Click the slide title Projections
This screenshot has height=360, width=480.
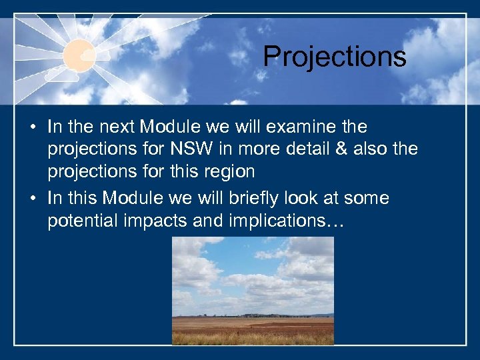pos(334,57)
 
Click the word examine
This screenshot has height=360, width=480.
pos(292,126)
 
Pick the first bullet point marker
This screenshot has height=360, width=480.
pos(33,127)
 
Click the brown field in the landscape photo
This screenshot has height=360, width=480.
pos(253,327)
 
